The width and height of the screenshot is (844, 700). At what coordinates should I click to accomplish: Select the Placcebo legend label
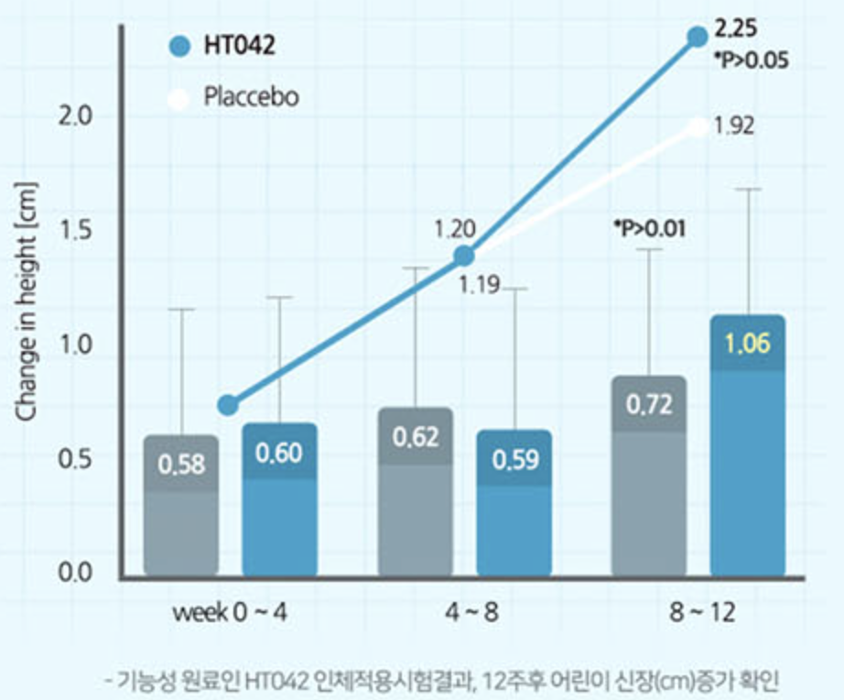[x=251, y=97]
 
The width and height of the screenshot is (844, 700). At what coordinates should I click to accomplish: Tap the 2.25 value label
[x=735, y=27]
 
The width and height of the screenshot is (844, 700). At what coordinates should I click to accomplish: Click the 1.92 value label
[x=733, y=126]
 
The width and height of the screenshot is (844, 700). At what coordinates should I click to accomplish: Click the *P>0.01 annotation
[x=649, y=227]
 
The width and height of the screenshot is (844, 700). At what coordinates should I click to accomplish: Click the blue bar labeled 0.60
[x=279, y=499]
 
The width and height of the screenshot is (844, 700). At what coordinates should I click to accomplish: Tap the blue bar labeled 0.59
[x=514, y=503]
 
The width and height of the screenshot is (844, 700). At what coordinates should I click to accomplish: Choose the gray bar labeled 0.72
[x=649, y=476]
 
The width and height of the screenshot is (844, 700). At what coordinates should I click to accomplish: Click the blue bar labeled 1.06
[x=748, y=445]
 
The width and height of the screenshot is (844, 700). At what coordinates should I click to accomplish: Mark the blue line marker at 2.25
[x=698, y=37]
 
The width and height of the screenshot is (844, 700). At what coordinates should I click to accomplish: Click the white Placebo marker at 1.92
[x=698, y=126]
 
